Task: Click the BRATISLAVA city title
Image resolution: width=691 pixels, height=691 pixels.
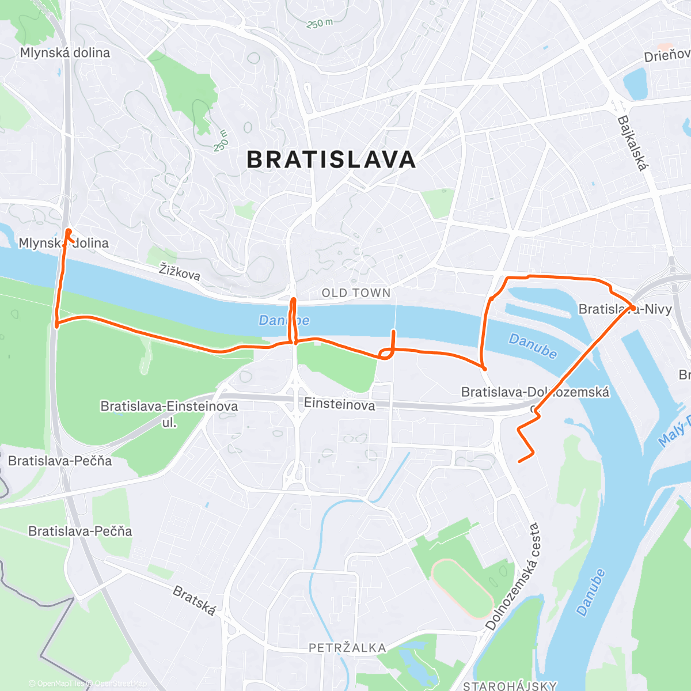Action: point(331,160)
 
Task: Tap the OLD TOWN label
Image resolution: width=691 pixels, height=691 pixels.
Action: point(356,293)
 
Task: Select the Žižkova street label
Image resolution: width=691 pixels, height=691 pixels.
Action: point(180,271)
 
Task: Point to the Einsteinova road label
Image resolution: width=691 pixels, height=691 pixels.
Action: point(339,404)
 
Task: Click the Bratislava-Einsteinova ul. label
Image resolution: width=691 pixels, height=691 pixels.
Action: point(169,413)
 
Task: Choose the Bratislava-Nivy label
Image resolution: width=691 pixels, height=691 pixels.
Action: point(625,309)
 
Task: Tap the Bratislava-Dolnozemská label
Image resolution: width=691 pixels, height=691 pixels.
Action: point(535,392)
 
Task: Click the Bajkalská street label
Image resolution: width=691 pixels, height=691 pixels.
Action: point(632,143)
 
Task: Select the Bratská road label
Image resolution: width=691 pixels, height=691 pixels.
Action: point(195,601)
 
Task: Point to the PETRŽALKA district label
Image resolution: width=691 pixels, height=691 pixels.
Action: point(347,648)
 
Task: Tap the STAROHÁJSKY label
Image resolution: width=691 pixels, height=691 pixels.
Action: point(510,685)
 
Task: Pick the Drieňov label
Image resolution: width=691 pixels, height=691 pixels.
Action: point(666,56)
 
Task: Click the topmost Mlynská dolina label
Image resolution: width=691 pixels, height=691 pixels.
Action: point(64,53)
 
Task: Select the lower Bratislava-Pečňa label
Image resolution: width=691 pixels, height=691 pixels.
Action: point(80,531)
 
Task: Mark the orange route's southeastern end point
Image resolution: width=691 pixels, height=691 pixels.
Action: point(520,461)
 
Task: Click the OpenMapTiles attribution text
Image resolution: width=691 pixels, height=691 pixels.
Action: point(60,684)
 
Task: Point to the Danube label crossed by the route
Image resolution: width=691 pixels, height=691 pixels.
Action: point(284,320)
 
